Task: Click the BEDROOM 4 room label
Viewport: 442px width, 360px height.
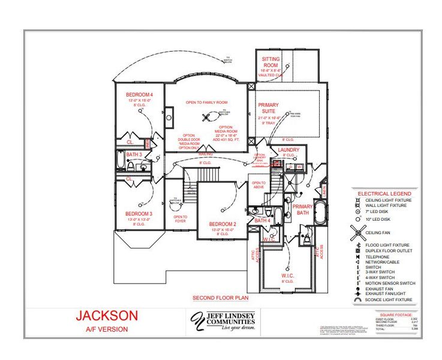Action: (139, 95)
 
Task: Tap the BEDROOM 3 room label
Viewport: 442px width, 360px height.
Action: (139, 214)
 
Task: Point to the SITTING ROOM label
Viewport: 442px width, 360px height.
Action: (270, 62)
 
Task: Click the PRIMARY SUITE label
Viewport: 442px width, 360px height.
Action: (268, 108)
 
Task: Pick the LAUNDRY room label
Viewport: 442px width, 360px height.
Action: (288, 150)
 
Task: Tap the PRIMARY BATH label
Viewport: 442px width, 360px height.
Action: (302, 209)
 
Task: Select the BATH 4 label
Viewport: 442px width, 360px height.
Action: (263, 220)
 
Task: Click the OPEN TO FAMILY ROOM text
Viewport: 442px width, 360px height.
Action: (206, 103)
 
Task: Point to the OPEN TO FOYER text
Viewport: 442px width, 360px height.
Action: (180, 219)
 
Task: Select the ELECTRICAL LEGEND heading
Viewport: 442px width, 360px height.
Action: (384, 194)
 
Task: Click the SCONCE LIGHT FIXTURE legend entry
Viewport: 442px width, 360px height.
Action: (388, 299)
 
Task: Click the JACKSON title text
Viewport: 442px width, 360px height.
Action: (107, 315)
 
